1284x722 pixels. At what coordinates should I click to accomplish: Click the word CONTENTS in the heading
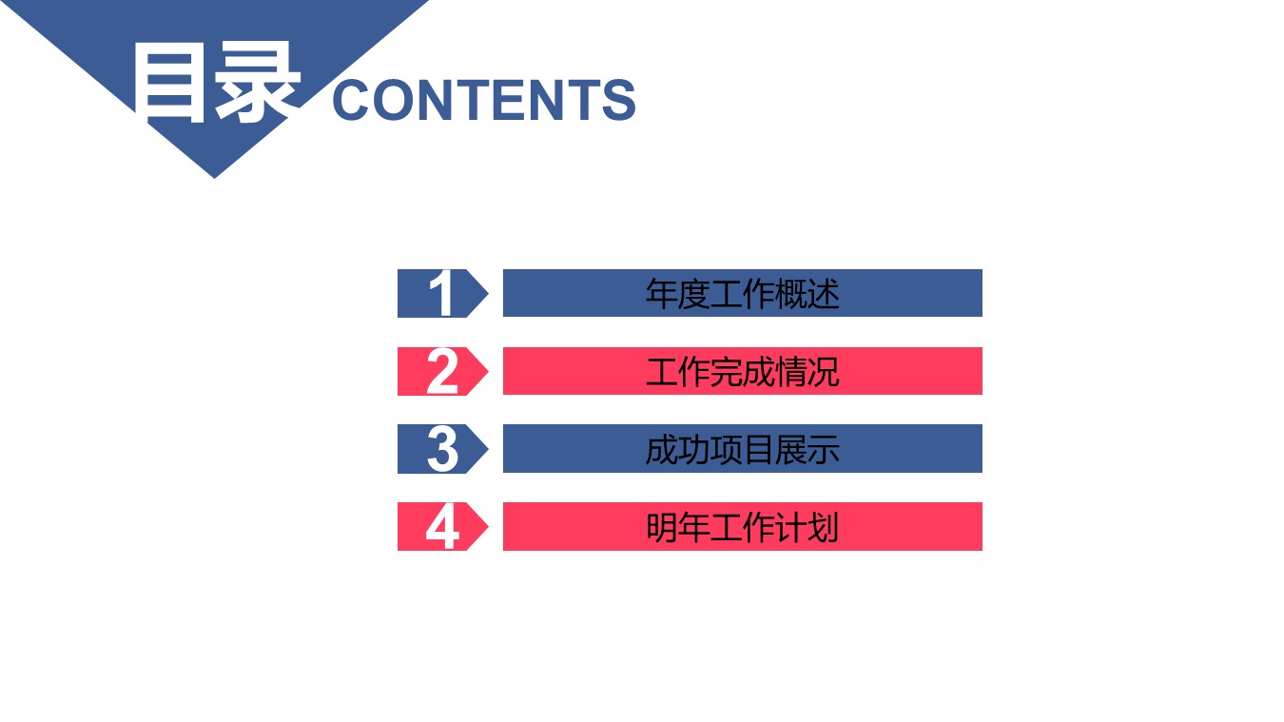tap(483, 100)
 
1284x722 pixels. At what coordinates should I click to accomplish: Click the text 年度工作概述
tap(742, 293)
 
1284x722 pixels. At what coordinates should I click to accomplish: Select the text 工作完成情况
tap(742, 371)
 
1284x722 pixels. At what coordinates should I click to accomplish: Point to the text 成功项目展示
tap(742, 449)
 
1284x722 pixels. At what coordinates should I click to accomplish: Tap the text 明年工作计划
tap(742, 526)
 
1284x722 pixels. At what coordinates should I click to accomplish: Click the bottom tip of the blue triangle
tap(214, 176)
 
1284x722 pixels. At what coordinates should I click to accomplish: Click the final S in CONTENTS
tap(618, 100)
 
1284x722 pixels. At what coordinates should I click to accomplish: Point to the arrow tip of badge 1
tap(486, 293)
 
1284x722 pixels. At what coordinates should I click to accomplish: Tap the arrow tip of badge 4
tap(486, 526)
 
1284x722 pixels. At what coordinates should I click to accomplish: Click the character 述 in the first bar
tap(824, 293)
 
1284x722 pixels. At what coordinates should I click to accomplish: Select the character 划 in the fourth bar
tap(824, 526)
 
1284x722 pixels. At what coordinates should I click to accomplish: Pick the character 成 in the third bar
tap(661, 449)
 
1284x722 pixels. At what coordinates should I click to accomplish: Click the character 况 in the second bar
tap(824, 371)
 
